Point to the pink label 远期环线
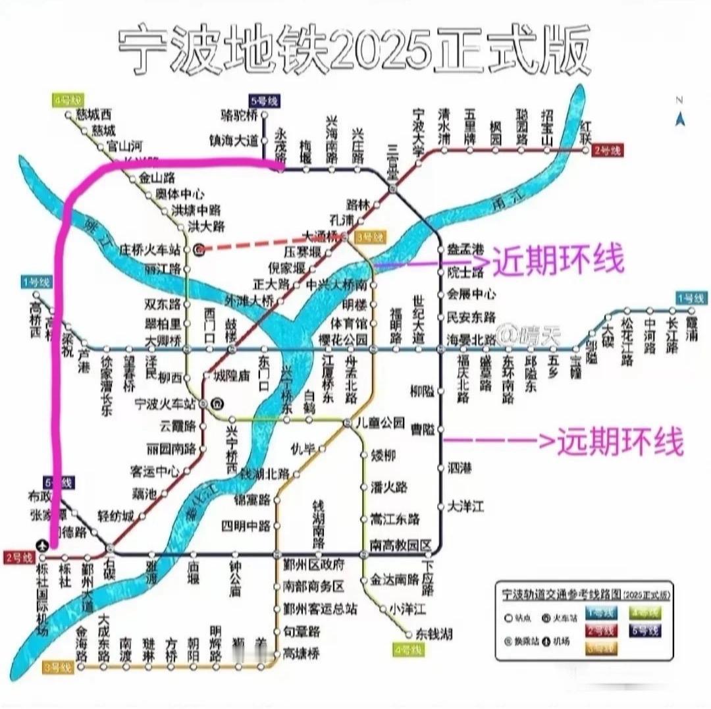619,440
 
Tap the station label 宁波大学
418,129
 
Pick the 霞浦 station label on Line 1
691,323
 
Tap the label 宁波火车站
165,402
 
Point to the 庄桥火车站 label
150,250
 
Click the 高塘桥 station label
301,653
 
